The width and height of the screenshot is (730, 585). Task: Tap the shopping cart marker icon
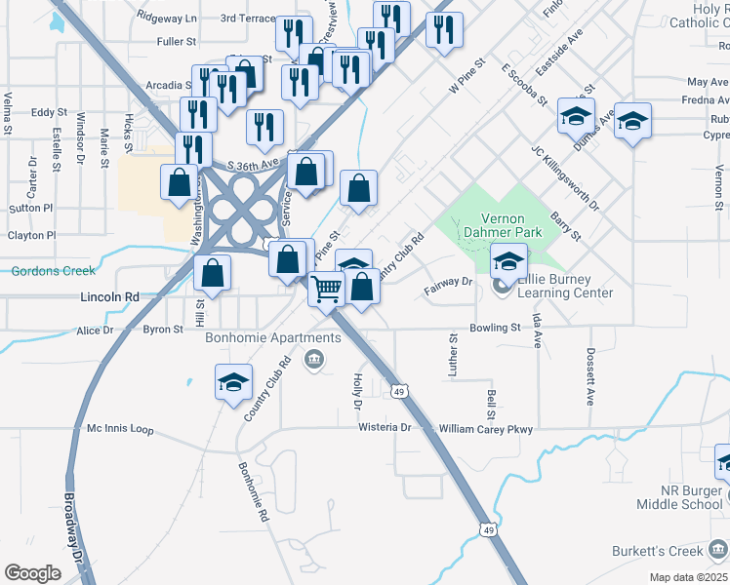coord(327,287)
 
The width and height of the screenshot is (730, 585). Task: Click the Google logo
coord(32,572)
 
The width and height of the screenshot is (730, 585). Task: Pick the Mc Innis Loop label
coord(120,428)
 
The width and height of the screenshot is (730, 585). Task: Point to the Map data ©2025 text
coord(687,577)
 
